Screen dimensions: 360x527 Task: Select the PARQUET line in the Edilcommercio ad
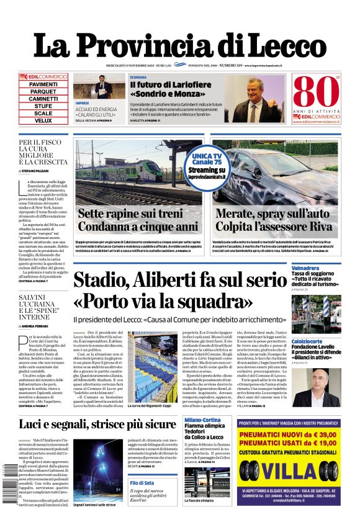(43, 91)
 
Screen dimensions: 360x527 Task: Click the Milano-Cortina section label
(202, 420)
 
